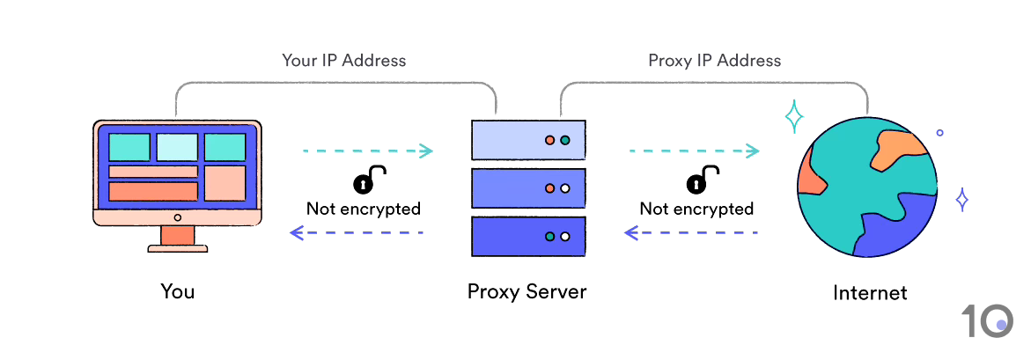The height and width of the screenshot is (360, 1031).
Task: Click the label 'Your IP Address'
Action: (343, 61)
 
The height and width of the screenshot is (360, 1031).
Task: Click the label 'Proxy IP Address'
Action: (714, 61)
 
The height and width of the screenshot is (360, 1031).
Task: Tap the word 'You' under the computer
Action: (177, 291)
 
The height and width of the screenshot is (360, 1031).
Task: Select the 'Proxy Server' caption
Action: (527, 291)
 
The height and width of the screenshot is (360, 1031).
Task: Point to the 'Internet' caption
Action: (870, 292)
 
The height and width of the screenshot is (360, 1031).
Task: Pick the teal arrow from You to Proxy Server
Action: (367, 151)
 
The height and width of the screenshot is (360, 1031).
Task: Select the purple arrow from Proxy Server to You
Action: (357, 232)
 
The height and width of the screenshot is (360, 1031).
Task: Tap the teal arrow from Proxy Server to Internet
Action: (694, 151)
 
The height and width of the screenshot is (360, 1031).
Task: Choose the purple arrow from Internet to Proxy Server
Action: (690, 232)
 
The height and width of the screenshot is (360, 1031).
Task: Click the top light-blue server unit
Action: (528, 141)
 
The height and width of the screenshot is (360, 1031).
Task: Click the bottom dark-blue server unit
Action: (528, 236)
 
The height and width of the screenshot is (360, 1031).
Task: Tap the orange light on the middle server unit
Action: (550, 188)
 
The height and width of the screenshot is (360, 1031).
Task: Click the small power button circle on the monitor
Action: (177, 217)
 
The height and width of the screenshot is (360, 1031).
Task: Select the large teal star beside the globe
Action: (794, 116)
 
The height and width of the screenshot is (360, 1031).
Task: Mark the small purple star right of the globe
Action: (962, 200)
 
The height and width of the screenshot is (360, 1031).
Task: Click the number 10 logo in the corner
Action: (986, 321)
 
